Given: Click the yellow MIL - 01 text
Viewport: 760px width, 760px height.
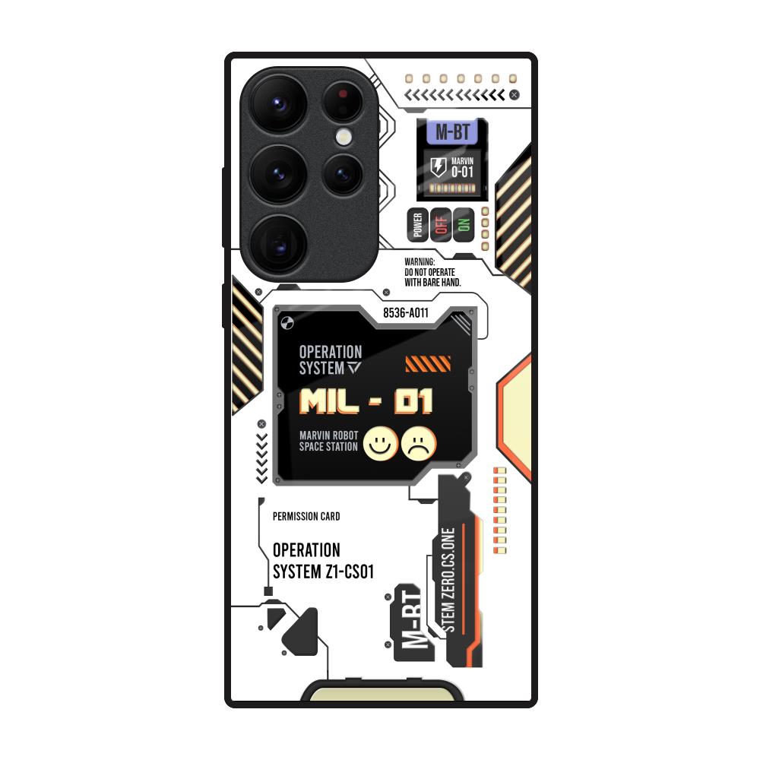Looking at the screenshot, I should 366,401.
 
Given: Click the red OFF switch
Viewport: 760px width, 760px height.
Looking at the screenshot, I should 440,225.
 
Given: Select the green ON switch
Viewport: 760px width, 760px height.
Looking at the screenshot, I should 463,225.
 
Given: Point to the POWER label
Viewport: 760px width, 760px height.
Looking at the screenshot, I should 417,225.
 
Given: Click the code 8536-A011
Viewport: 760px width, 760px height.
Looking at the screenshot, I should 405,312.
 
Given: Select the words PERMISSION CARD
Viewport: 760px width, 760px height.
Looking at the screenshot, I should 306,517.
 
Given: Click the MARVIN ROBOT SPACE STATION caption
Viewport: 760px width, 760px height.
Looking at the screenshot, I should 328,441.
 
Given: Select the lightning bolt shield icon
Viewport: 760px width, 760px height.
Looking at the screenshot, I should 439,167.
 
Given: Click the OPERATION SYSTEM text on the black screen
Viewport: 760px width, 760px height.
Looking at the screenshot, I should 331,360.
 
